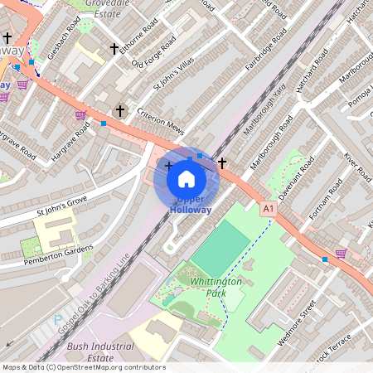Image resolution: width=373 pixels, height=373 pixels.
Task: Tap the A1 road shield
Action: (268, 211)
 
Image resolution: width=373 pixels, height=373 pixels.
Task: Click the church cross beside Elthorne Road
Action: (114, 50)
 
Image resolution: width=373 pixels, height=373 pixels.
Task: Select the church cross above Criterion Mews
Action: (119, 110)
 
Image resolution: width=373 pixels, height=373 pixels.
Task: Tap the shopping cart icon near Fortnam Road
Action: (341, 253)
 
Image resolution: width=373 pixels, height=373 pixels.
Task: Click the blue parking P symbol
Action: (58, 319)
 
